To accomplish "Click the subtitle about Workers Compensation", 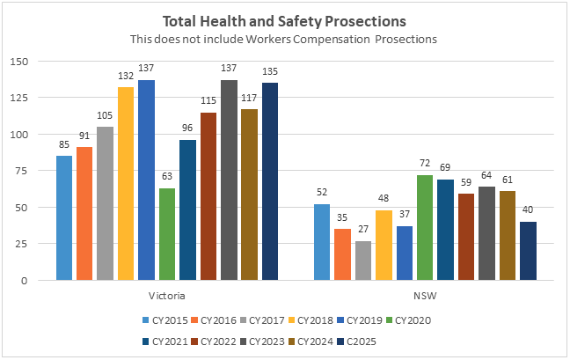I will pos(284,39).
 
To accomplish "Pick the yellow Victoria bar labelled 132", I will pos(125,184).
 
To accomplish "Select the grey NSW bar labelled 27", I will pos(362,261).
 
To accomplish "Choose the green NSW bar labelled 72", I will pos(424,228).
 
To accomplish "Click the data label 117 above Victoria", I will pos(249,99).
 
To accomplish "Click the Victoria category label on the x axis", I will pos(167,295).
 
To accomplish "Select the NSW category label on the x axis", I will pos(424,295).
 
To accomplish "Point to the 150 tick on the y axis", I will pos(18,62).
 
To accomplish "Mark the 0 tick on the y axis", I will pos(25,281).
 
